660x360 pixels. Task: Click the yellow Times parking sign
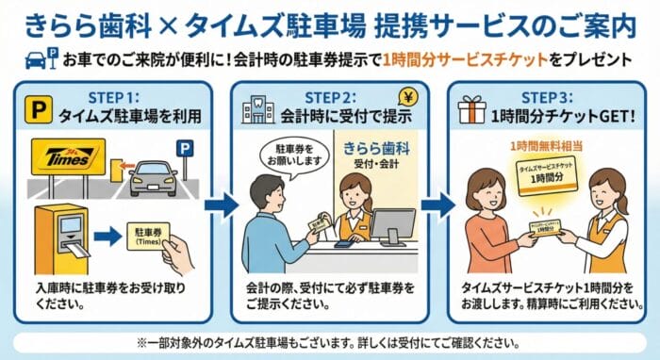coord(68,156)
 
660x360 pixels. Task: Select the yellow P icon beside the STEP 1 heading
coord(39,109)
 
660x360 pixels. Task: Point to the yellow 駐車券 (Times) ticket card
coord(148,237)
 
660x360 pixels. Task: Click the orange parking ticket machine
coord(62,238)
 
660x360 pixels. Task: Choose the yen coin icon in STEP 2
coord(408,98)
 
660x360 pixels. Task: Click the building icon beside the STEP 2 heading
coord(258,109)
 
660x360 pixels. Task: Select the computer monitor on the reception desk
coord(392,227)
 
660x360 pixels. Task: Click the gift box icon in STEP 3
coord(471,109)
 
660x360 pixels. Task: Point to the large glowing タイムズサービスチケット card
coord(547,175)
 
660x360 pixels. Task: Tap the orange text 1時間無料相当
coord(546,146)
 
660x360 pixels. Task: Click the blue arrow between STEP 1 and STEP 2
coord(222,205)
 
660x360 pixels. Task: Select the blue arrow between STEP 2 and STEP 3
coord(437,205)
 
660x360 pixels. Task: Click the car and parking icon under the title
coord(41,58)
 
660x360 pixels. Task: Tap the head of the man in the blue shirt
coord(268,195)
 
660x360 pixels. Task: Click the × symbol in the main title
coord(169,26)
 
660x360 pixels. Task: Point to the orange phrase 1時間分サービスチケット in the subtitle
coord(465,59)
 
